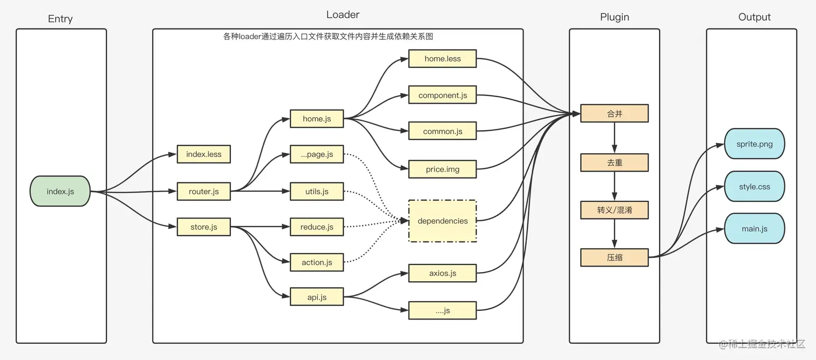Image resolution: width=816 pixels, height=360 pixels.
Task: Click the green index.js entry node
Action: pos(60,191)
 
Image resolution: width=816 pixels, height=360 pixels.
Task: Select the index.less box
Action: pos(203,154)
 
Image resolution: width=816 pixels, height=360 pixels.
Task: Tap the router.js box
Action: pos(203,192)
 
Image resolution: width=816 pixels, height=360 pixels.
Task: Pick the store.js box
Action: pos(203,227)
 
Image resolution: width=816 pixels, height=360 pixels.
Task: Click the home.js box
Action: pos(317,119)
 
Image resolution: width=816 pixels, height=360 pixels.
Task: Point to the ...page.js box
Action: pos(317,154)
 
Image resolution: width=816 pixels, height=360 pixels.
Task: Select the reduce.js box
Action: pos(317,227)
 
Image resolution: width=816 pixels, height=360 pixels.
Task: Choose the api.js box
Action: pos(317,297)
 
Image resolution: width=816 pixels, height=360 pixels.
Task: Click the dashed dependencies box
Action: pos(443,221)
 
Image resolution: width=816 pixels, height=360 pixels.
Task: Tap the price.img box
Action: pos(443,169)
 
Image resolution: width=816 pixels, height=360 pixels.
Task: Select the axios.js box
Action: pos(443,273)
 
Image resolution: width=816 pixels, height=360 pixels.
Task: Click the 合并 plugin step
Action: pos(614,114)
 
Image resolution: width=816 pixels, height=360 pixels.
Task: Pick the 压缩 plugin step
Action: pos(614,257)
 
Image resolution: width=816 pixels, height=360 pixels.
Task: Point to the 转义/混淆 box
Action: pos(614,210)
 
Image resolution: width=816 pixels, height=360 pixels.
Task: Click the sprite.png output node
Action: pos(754,144)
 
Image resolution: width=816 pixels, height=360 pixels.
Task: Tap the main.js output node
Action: pos(754,229)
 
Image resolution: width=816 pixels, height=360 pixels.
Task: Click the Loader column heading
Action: pos(343,15)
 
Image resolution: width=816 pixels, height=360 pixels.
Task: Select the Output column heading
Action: pos(754,17)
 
